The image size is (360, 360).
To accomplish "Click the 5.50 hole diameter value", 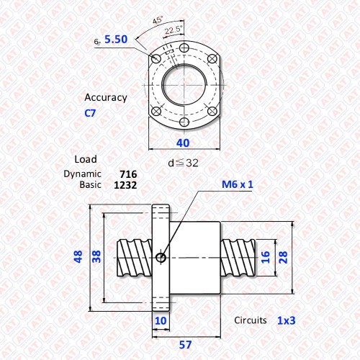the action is (116, 40).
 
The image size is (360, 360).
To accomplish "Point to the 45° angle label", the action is (158, 19).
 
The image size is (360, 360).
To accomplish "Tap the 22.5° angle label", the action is (174, 30).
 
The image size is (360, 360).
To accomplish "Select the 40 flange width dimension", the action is (183, 143).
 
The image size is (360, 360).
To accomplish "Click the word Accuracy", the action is (106, 97).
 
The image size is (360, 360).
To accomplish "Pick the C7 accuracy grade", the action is (90, 113).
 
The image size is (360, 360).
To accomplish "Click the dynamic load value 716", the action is (128, 174).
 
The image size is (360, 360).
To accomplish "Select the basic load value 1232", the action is (125, 185).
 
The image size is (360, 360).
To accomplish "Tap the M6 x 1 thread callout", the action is (238, 184).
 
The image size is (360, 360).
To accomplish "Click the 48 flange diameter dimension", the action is (78, 257).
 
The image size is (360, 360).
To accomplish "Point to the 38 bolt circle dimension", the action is (96, 257).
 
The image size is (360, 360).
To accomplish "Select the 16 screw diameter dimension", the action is (265, 257).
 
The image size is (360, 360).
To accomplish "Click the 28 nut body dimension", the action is (283, 257).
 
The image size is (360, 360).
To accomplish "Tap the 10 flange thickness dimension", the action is (161, 321).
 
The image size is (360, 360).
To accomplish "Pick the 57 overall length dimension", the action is (185, 345).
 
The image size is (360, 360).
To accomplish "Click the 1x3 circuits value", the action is (287, 320).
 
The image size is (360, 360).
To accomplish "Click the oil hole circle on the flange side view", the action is (161, 258).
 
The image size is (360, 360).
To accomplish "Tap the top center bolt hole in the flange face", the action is (184, 48).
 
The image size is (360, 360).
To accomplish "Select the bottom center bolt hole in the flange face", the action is (184, 122).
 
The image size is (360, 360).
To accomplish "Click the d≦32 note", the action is (184, 163).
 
